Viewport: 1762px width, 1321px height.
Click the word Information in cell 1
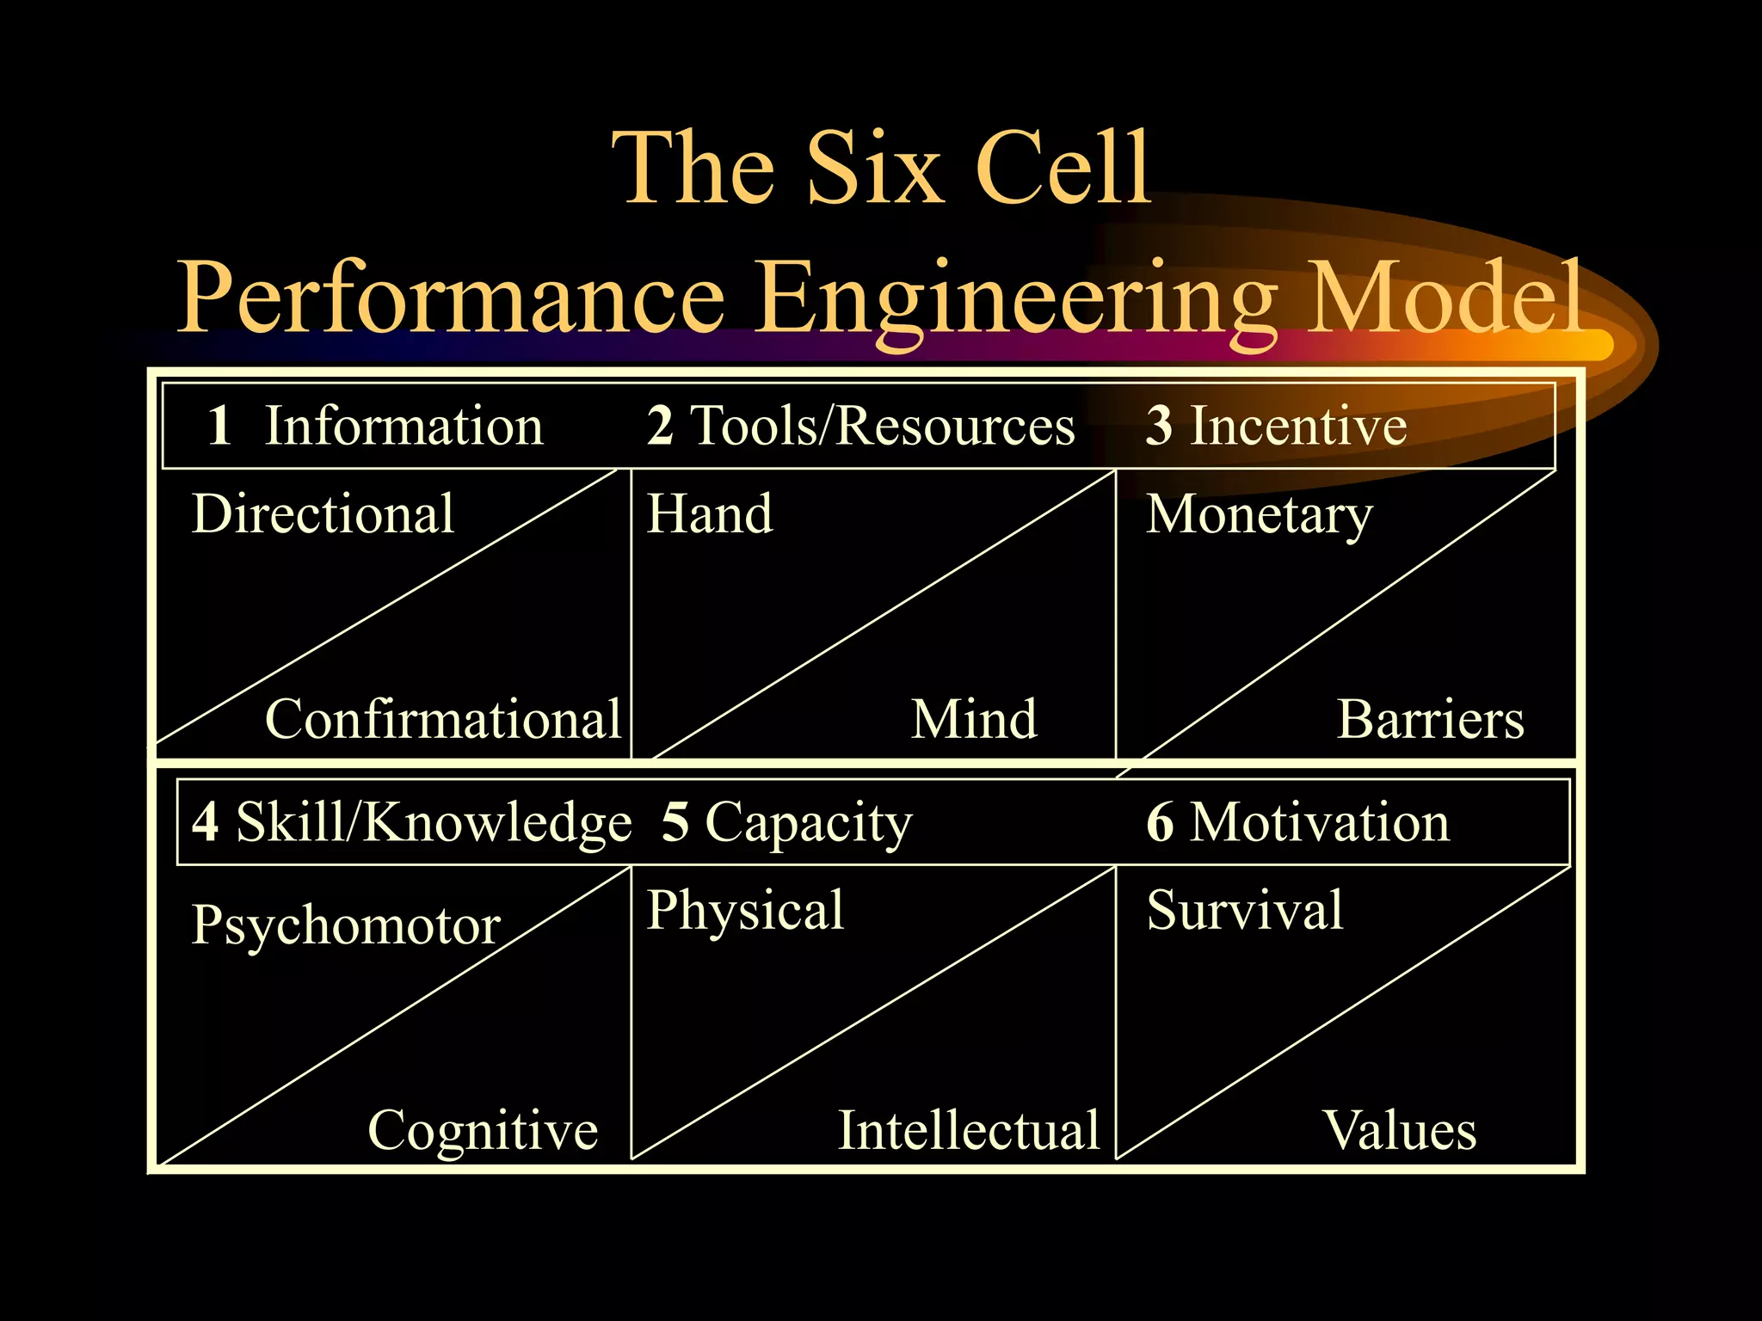click(x=404, y=426)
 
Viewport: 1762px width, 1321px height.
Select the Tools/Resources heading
click(x=883, y=426)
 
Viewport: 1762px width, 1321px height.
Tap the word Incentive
click(x=1298, y=426)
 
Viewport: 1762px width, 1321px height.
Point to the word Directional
click(x=323, y=514)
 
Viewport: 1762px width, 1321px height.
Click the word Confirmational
click(x=442, y=719)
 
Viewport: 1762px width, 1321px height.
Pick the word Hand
click(x=710, y=514)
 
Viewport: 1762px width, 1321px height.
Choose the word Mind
click(x=974, y=719)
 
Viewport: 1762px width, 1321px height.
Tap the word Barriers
click(x=1430, y=719)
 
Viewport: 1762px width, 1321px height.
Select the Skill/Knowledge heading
click(x=434, y=823)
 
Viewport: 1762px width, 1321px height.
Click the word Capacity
click(x=808, y=823)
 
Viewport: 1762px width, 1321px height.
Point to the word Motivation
click(x=1320, y=822)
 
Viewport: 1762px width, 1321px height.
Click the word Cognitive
click(x=482, y=1131)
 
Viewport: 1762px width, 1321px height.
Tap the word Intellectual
click(x=969, y=1130)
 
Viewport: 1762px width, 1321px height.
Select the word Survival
click(x=1245, y=910)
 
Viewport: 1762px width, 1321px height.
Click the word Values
click(x=1400, y=1130)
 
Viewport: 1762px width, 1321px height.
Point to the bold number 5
click(x=675, y=822)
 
